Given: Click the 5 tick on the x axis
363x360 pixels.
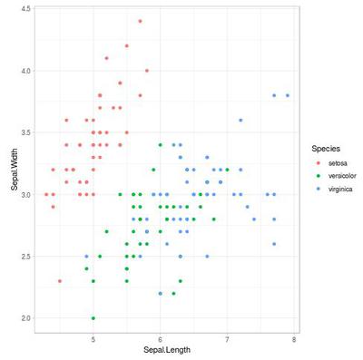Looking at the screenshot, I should coord(93,339).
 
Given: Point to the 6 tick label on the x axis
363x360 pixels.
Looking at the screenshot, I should coord(160,339).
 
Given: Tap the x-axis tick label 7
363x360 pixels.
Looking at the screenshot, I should coord(227,339).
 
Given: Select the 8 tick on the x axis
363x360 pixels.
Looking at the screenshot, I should coord(294,339).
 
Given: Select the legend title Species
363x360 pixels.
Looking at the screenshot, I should coord(326,148).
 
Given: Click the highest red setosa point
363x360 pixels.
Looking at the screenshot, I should coord(140,21).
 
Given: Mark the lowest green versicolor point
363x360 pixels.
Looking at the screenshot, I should coord(93,318).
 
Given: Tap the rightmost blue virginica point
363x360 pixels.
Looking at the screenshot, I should coord(288,95).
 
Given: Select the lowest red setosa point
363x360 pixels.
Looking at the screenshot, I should coord(60,281).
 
